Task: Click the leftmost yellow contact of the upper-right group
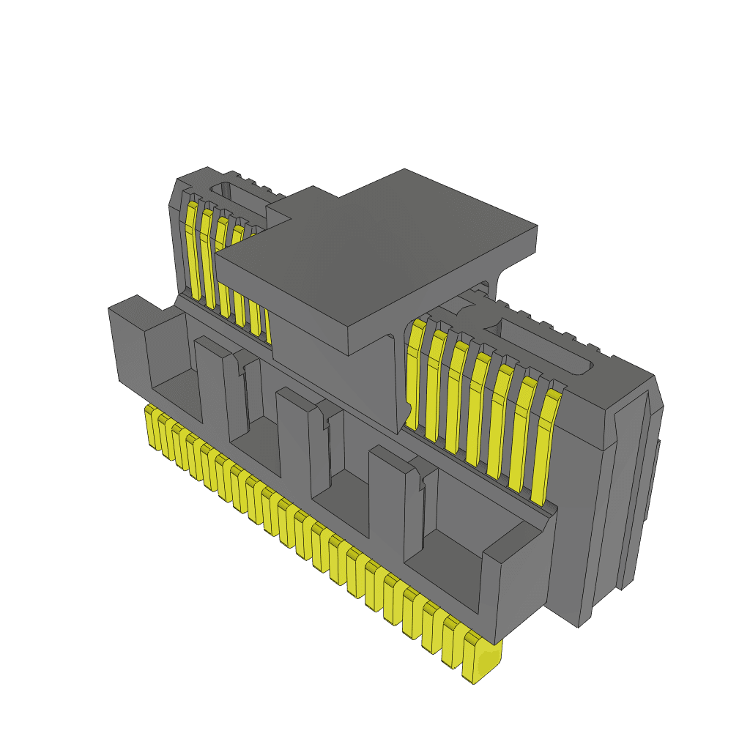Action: [415, 374]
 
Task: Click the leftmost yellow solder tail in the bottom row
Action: [154, 428]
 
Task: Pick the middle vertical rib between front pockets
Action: [297, 439]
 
